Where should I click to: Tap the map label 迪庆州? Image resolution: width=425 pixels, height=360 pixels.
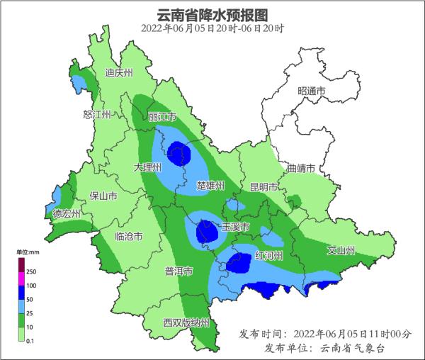118,73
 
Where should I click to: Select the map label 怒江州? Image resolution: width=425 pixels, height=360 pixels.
97,115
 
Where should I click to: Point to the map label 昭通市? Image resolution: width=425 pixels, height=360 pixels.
311,91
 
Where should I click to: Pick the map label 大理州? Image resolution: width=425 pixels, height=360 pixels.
148,167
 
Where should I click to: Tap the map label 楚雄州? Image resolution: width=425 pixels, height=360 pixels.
210,186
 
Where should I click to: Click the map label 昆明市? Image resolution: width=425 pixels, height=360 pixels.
264,187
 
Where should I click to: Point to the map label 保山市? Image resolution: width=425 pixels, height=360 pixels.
103,196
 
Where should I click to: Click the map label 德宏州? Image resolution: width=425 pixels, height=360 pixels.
67,213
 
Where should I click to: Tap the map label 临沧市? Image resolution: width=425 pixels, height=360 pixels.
129,237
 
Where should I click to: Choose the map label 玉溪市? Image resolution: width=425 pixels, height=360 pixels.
235,227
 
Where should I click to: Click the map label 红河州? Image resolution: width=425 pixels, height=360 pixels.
269,255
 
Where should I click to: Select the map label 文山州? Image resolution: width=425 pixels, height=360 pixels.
340,250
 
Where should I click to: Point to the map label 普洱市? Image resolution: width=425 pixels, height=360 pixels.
178,271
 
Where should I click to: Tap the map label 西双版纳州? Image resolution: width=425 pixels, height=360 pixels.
186,323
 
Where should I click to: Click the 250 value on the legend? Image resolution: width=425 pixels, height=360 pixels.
32,271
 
